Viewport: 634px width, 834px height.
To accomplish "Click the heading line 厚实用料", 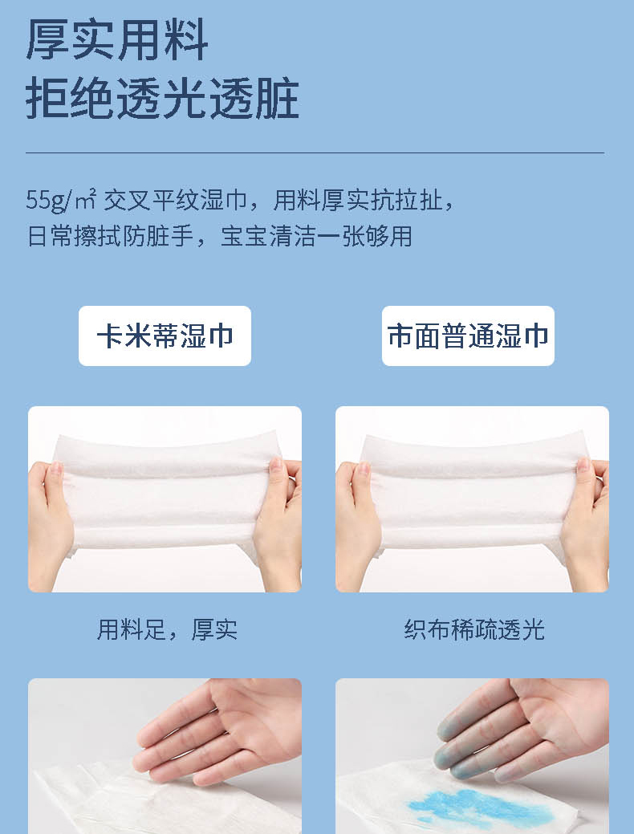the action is (117, 40).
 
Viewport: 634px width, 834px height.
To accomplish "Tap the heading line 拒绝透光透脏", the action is (162, 99).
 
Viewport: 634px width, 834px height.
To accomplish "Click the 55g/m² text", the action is (61, 200).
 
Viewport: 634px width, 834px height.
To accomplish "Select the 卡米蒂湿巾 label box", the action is (165, 336).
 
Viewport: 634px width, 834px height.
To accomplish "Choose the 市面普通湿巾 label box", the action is (468, 336).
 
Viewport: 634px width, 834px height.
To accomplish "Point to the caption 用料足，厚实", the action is (167, 629).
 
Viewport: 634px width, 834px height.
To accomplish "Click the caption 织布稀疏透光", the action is (474, 629).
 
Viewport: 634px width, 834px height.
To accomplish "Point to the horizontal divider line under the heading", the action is (315, 153).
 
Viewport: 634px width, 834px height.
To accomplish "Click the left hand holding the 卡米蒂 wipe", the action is (50, 524).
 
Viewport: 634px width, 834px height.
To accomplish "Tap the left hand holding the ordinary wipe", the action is (357, 524).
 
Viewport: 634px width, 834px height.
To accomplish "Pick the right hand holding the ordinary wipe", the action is (585, 524).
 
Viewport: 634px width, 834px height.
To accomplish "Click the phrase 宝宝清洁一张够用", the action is (316, 236).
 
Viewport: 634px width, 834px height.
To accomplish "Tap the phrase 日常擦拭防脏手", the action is (110, 236).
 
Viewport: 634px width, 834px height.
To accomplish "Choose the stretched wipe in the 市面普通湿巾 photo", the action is (473, 498).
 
